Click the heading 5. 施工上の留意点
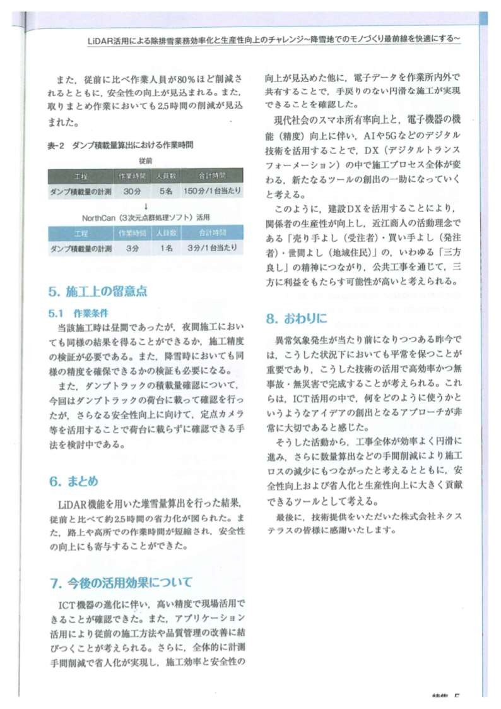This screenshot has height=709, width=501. click(x=98, y=292)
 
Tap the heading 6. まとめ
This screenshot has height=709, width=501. click(x=74, y=481)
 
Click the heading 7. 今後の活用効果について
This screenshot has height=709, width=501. click(x=121, y=581)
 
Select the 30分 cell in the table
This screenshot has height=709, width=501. click(x=132, y=189)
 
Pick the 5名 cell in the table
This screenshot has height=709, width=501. click(x=166, y=189)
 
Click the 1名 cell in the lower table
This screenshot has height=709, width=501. click(x=166, y=249)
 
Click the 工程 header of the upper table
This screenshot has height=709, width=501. click(x=80, y=175)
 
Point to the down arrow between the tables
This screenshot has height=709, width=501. click(x=146, y=205)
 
